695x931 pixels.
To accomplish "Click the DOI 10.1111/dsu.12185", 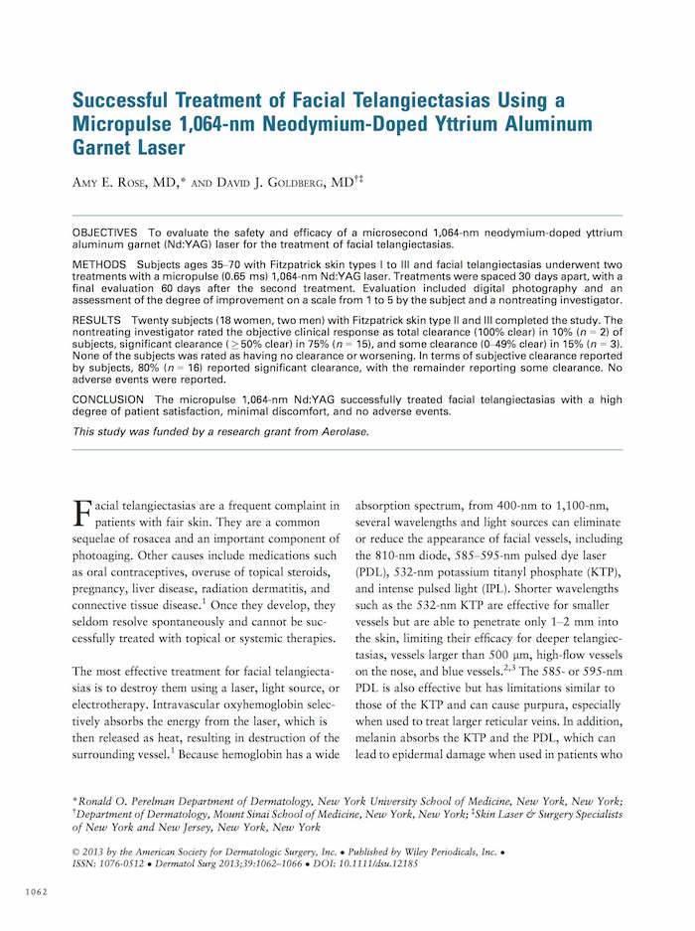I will point(372,864).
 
